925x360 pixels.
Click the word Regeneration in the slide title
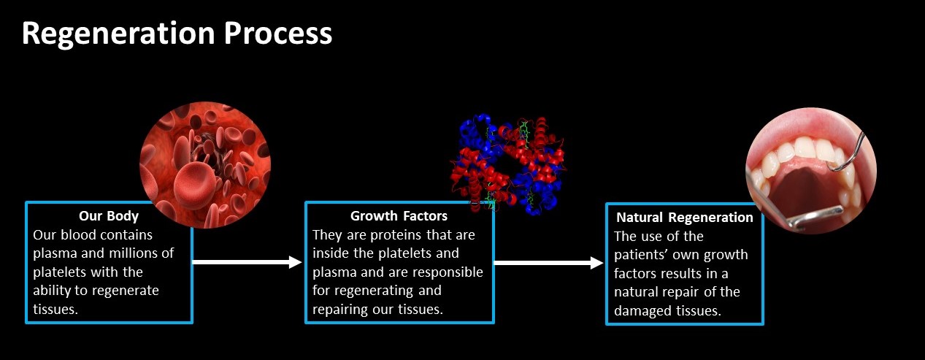click(x=118, y=34)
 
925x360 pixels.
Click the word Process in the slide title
click(x=278, y=33)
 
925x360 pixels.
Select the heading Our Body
click(x=109, y=216)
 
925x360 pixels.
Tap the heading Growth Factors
click(x=399, y=216)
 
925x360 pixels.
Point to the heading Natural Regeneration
click(x=685, y=218)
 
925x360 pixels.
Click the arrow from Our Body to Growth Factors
click(x=247, y=262)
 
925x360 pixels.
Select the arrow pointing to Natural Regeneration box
click(x=549, y=263)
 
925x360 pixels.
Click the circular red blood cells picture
click(x=205, y=165)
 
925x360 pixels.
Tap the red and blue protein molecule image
click(x=508, y=164)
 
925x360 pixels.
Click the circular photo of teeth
click(x=811, y=170)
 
